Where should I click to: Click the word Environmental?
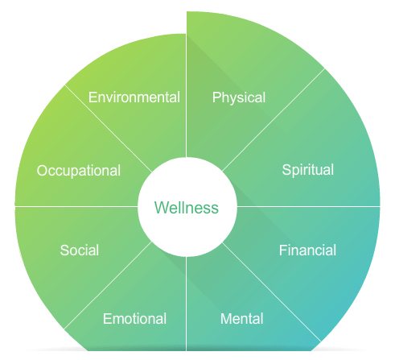[134, 97]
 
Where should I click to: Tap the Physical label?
[239, 97]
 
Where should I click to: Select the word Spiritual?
[308, 170]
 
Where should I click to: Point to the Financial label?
[307, 250]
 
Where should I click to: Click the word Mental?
[242, 319]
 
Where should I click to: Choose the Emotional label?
[134, 319]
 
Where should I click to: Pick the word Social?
[80, 250]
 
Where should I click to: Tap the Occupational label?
[79, 171]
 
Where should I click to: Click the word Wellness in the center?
[187, 208]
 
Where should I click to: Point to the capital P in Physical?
[216, 97]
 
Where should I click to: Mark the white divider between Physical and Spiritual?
[274, 120]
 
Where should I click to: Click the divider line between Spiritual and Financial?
[309, 207]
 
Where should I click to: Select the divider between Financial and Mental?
[272, 292]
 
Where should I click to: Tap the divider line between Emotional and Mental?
[187, 304]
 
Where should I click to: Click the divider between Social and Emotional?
[108, 285]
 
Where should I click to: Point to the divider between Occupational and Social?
[76, 207]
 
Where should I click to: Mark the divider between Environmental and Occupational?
[109, 129]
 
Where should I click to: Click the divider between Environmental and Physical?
[187, 96]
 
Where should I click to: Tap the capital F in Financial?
[283, 250]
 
